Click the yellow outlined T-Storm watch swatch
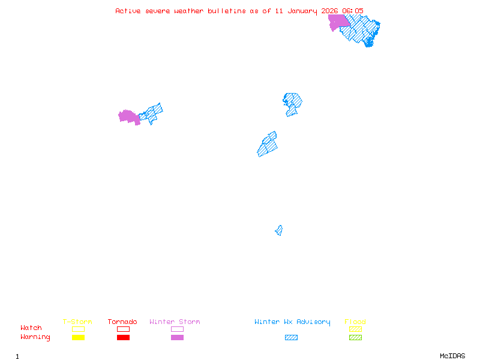[x=78, y=329]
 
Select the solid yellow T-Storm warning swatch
[x=78, y=338]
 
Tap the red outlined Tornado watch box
[x=123, y=329]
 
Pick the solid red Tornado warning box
[x=123, y=338]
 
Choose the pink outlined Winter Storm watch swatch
[x=177, y=329]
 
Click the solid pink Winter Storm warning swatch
[x=177, y=338]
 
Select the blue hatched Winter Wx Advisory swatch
[x=291, y=338]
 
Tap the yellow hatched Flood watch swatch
[x=355, y=329]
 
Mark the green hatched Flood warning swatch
[x=355, y=338]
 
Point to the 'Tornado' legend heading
[x=122, y=322]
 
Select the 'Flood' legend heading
[x=355, y=322]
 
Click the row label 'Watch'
[x=31, y=328]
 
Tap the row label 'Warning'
[x=35, y=337]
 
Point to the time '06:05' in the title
[x=353, y=11]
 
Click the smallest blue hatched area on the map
[x=279, y=230]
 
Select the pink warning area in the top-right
[x=338, y=22]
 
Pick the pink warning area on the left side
[x=128, y=116]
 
